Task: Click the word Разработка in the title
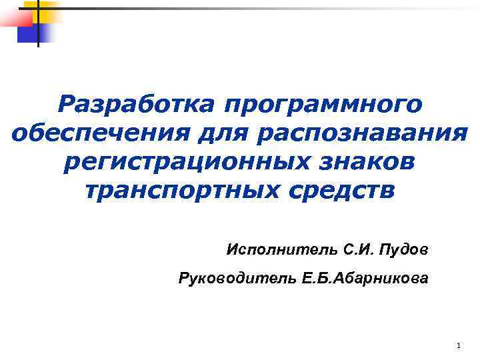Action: click(x=135, y=105)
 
